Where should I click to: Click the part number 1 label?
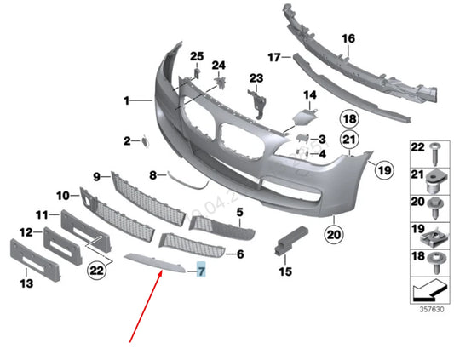pyautogui.click(x=125, y=100)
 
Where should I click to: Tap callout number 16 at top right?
pyautogui.click(x=348, y=38)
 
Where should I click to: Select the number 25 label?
pyautogui.click(x=197, y=57)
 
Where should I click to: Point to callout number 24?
pyautogui.click(x=218, y=66)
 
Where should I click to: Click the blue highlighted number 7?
pyautogui.click(x=202, y=272)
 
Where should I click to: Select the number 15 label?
pyautogui.click(x=284, y=271)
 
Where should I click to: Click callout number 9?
pyautogui.click(x=97, y=176)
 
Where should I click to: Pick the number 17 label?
pyautogui.click(x=273, y=57)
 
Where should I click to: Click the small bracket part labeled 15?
pyautogui.click(x=283, y=241)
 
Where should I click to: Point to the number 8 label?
pyautogui.click(x=153, y=176)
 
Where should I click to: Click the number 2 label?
pyautogui.click(x=125, y=140)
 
